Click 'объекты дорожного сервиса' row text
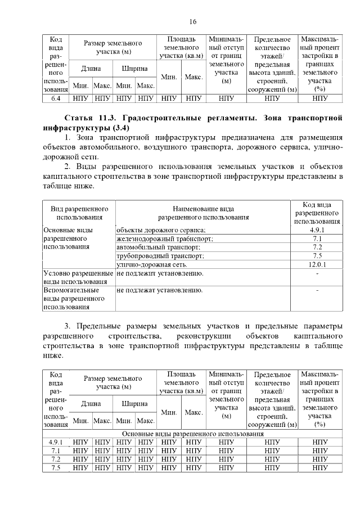click(161, 229)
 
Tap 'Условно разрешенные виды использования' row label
click(78, 277)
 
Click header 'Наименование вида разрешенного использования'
click(203, 213)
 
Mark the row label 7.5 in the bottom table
click(56, 467)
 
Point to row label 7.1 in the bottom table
click(56, 451)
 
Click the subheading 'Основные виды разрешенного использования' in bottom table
click(193, 434)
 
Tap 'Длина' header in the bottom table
click(91, 403)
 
